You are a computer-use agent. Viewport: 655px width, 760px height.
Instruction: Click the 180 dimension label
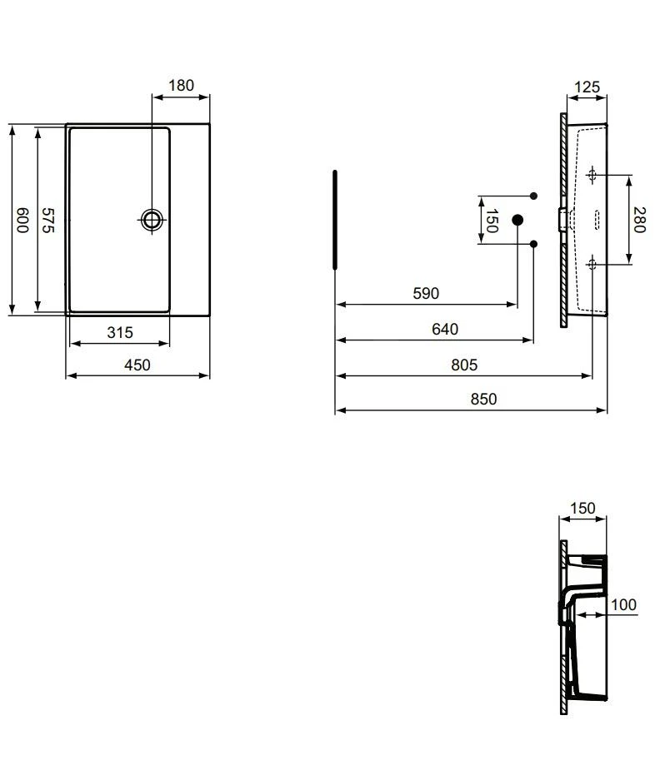tap(181, 85)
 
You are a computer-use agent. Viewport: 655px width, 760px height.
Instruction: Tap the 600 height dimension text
tap(22, 220)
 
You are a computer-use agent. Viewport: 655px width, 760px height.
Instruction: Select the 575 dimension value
tap(47, 220)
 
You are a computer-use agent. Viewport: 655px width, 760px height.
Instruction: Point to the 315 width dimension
tap(120, 332)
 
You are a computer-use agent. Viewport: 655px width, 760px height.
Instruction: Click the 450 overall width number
tap(137, 365)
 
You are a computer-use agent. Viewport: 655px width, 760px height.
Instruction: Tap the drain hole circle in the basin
tap(152, 220)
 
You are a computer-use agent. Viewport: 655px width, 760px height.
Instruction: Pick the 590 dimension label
tap(426, 293)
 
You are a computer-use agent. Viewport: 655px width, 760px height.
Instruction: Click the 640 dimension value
tap(445, 329)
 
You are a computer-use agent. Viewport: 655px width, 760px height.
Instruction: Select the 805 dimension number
tap(464, 365)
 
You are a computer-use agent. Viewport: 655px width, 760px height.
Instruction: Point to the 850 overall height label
tap(483, 399)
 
